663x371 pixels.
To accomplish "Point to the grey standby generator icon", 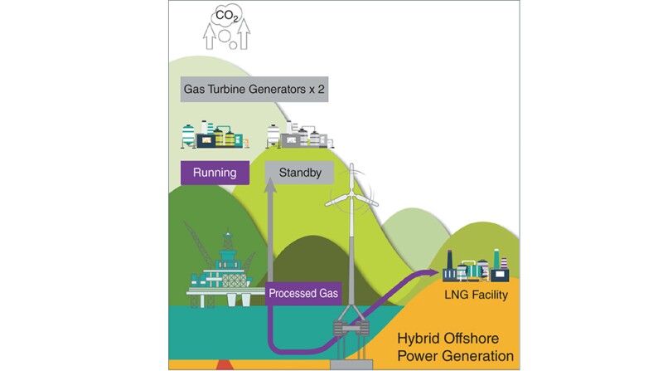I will (298, 136).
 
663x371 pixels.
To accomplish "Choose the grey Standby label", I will (298, 173).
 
